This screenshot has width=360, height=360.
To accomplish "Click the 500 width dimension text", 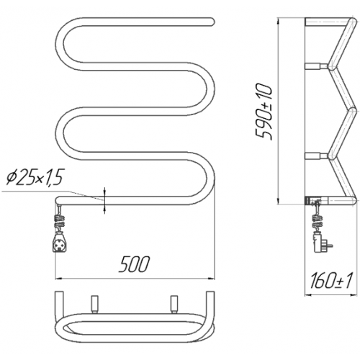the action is coord(135,264).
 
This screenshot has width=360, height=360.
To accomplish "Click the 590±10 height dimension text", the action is coord(264,112).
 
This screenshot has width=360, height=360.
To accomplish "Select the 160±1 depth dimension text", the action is coord(331,281).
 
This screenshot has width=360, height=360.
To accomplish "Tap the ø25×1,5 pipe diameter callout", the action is coord(35,179).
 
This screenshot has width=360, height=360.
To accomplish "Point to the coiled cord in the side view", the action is coord(317,222).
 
